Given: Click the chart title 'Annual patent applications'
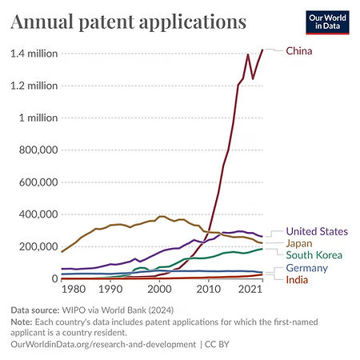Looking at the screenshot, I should point(127,21).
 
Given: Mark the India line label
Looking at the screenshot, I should point(298,279).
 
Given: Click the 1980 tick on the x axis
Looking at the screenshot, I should point(74,290).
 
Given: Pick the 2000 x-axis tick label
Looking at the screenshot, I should point(160,290).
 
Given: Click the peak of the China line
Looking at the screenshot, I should point(262,50).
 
